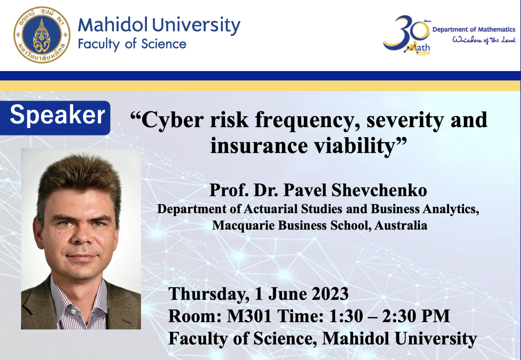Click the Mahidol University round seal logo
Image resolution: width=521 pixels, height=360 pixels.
pyautogui.click(x=42, y=35)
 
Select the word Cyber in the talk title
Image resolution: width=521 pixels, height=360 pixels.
pyautogui.click(x=173, y=120)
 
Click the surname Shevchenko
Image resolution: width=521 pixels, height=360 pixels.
pyautogui.click(x=379, y=190)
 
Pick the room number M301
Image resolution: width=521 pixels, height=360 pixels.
pyautogui.click(x=249, y=316)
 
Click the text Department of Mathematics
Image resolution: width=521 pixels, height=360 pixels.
pyautogui.click(x=474, y=29)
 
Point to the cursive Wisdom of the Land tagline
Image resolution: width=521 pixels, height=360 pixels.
pyautogui.click(x=484, y=40)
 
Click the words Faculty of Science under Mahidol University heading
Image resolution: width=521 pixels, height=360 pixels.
pyautogui.click(x=132, y=44)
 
